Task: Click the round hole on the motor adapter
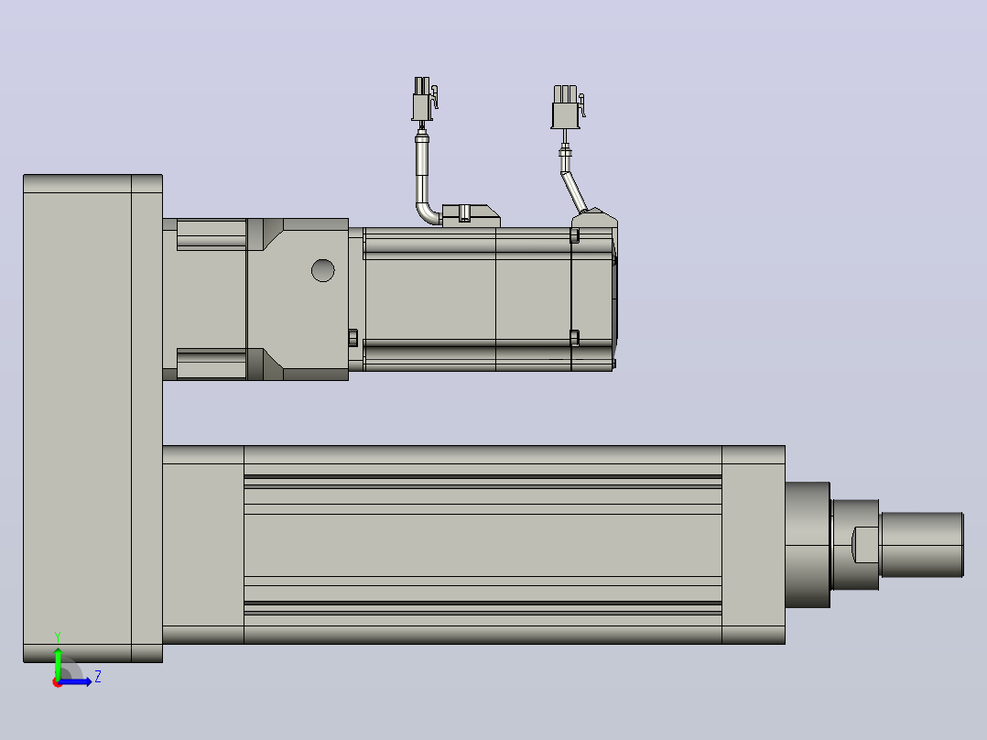[323, 270]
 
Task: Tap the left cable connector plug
[424, 99]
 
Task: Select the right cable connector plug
[567, 107]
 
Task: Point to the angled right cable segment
[575, 192]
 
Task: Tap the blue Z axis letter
[98, 677]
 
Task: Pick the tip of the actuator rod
[963, 545]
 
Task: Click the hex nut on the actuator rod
[855, 545]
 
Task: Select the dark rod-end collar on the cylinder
[808, 545]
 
